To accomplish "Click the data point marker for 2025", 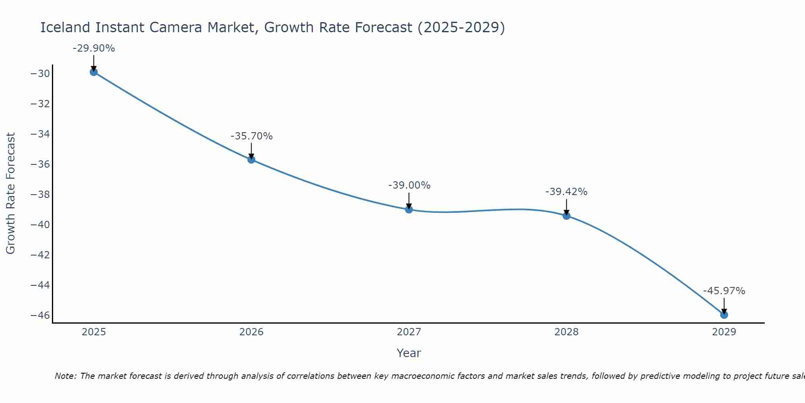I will [94, 72].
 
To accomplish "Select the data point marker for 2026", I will [251, 160].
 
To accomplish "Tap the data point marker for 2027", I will [409, 210].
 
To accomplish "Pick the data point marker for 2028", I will [566, 216].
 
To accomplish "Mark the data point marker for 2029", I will [724, 315].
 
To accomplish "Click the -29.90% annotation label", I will [94, 48].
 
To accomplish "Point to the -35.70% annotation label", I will [252, 136].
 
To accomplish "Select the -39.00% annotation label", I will [409, 185].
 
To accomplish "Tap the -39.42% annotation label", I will [566, 192].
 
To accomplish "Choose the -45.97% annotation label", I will [724, 291].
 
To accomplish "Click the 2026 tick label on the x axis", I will [251, 332].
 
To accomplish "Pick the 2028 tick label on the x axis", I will [566, 332].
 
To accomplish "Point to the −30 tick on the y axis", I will [40, 74].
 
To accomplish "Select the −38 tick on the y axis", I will [40, 195].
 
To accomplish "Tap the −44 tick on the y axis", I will [40, 285].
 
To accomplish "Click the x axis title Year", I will [409, 353].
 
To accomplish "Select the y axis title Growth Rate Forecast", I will [10, 193].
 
